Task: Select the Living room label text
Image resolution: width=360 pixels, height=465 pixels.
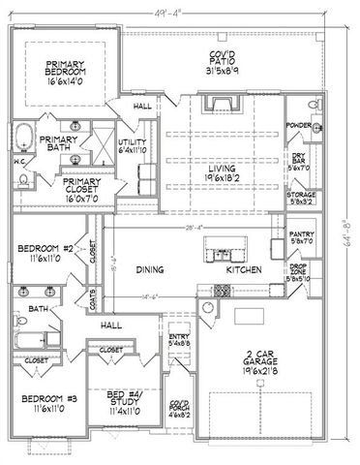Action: (223, 171)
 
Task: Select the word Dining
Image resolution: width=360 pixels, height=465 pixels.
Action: (148, 271)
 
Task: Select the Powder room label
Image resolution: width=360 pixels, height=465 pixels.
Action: (299, 125)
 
